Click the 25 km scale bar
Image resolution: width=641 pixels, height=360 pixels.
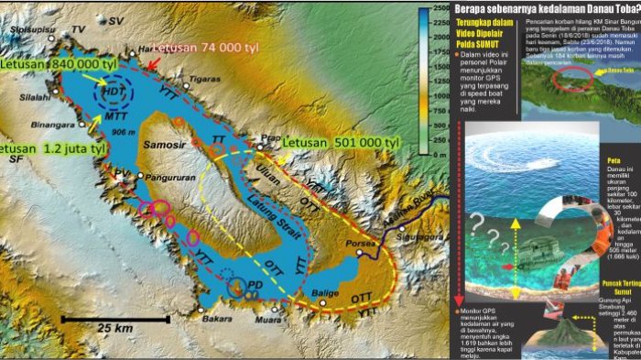click(x=115, y=319)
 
